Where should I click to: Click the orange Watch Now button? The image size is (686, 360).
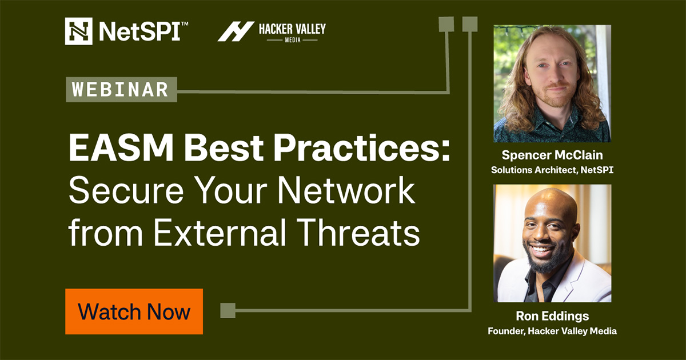[x=134, y=311]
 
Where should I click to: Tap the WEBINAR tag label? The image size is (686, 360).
[x=121, y=90]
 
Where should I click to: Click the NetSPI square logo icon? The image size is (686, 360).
[x=79, y=31]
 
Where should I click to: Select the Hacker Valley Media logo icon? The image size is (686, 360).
[x=236, y=31]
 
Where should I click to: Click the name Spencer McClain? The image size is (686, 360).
[x=552, y=155]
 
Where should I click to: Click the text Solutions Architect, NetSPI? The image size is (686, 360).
[x=552, y=170]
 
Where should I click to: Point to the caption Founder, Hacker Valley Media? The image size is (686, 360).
[x=552, y=331]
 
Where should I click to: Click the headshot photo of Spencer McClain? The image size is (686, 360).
[x=552, y=83]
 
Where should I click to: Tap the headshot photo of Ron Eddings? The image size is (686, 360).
[x=552, y=243]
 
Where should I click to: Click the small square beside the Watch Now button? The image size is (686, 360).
[x=228, y=311]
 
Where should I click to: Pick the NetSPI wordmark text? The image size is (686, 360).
[x=139, y=31]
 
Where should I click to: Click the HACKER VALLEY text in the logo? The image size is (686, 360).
[x=292, y=28]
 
